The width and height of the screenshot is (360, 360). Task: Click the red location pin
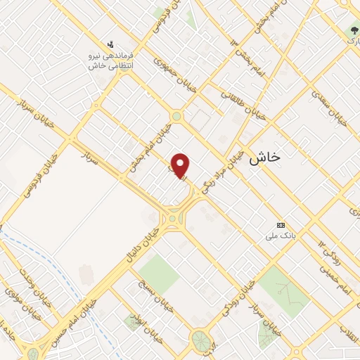tap(181, 165)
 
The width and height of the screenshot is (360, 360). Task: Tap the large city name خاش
tap(264, 157)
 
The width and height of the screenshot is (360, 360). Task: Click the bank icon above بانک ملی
tap(281, 224)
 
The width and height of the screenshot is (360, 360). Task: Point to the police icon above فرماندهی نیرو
tap(109, 44)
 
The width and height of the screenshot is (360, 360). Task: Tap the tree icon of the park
tap(353, 30)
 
